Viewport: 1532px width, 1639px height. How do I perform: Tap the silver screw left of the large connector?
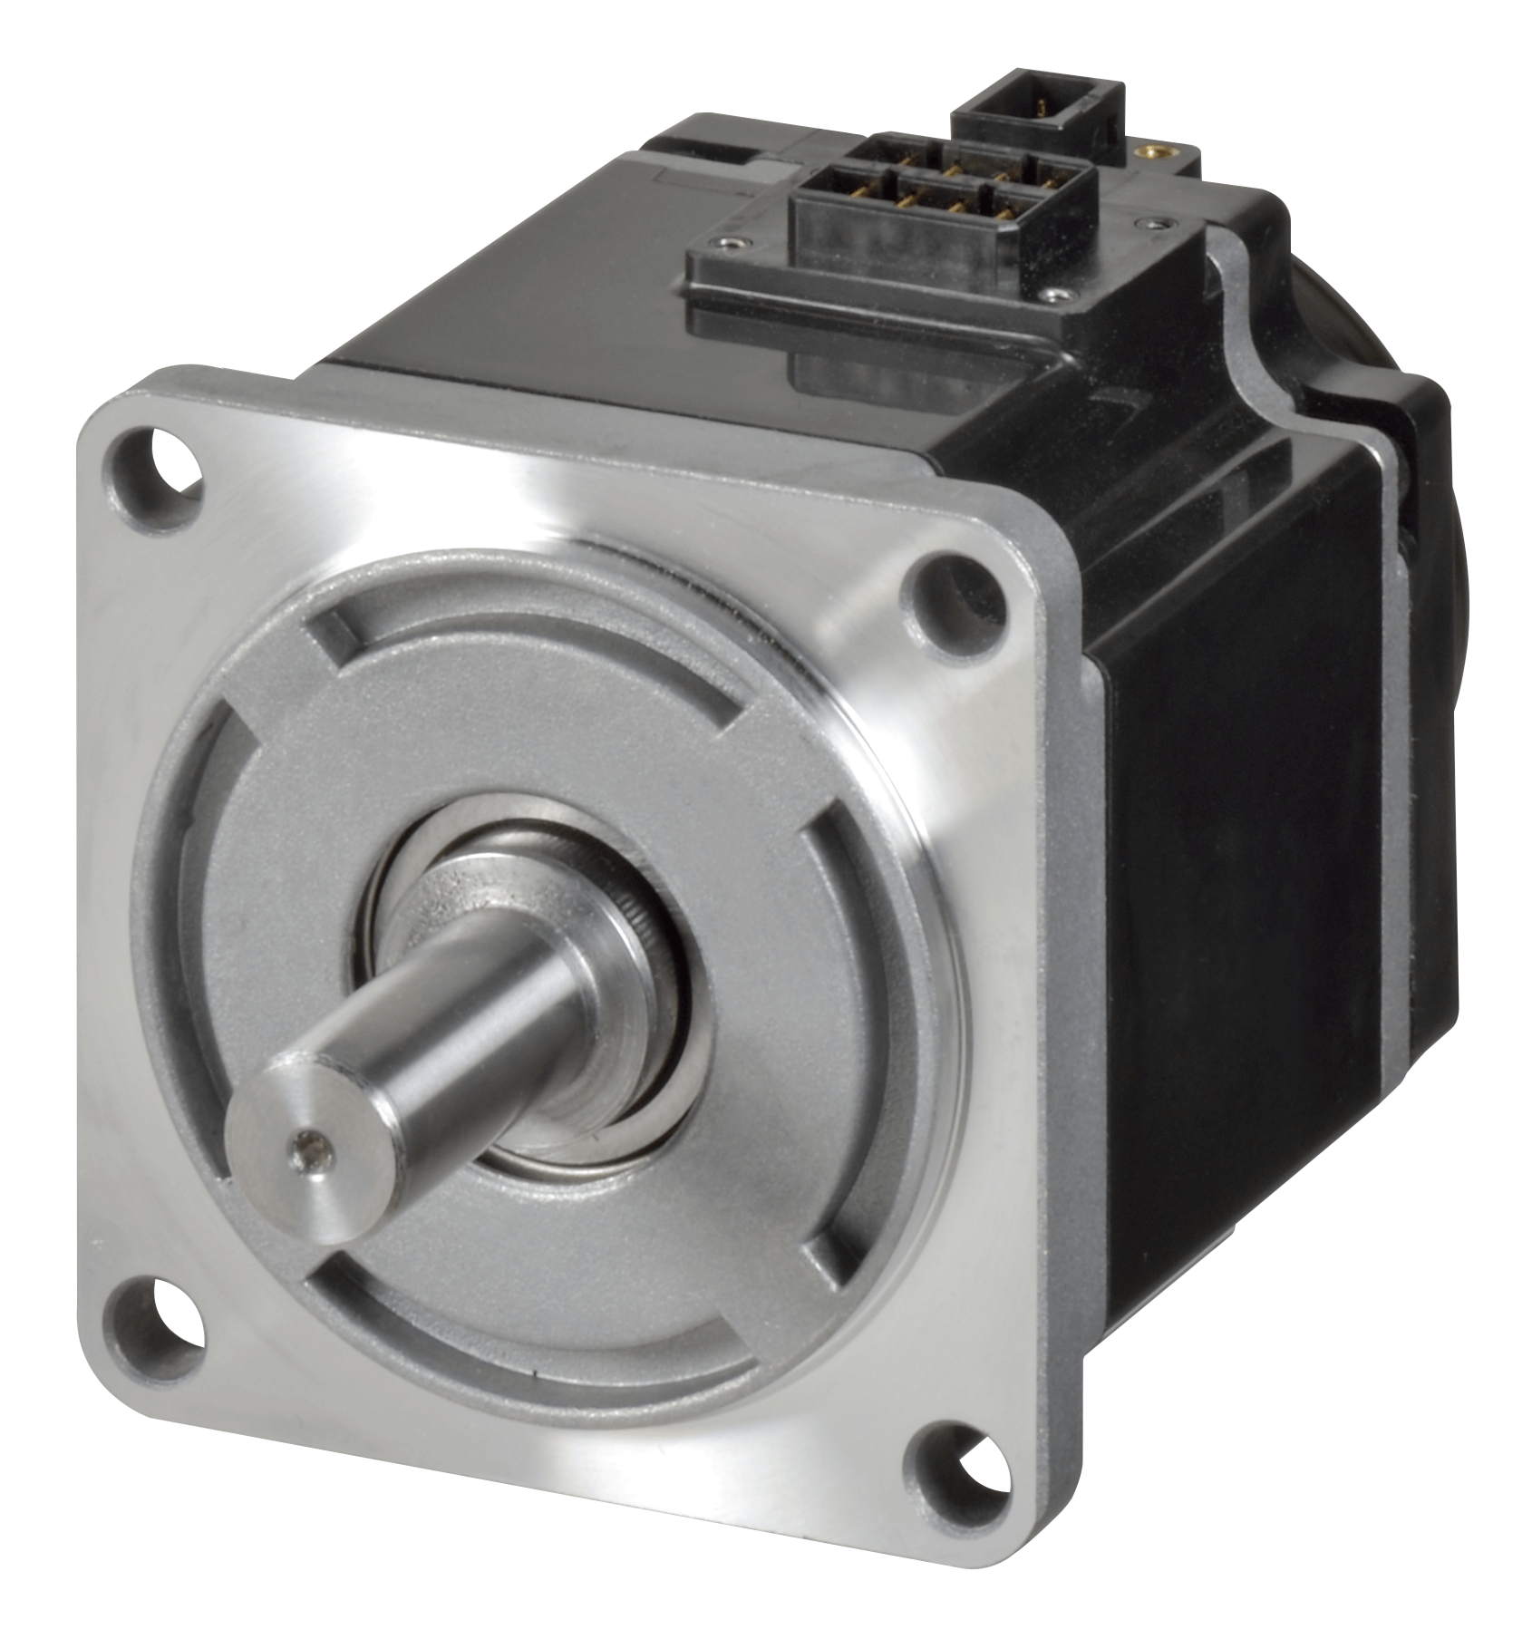(731, 242)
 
